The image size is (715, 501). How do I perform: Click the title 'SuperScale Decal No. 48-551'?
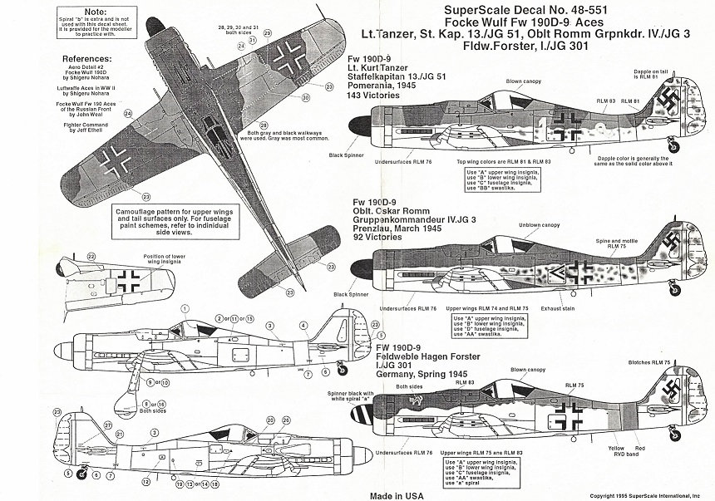click(x=450, y=11)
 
